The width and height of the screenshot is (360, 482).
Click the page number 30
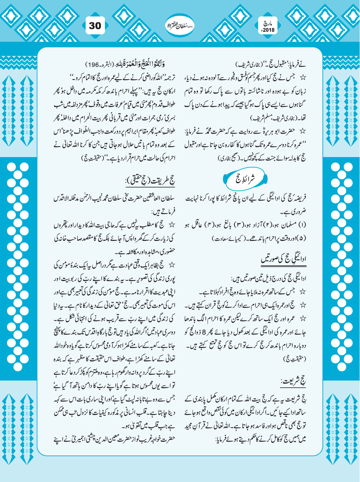[95, 26]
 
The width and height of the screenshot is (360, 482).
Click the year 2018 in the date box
[269, 30]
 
